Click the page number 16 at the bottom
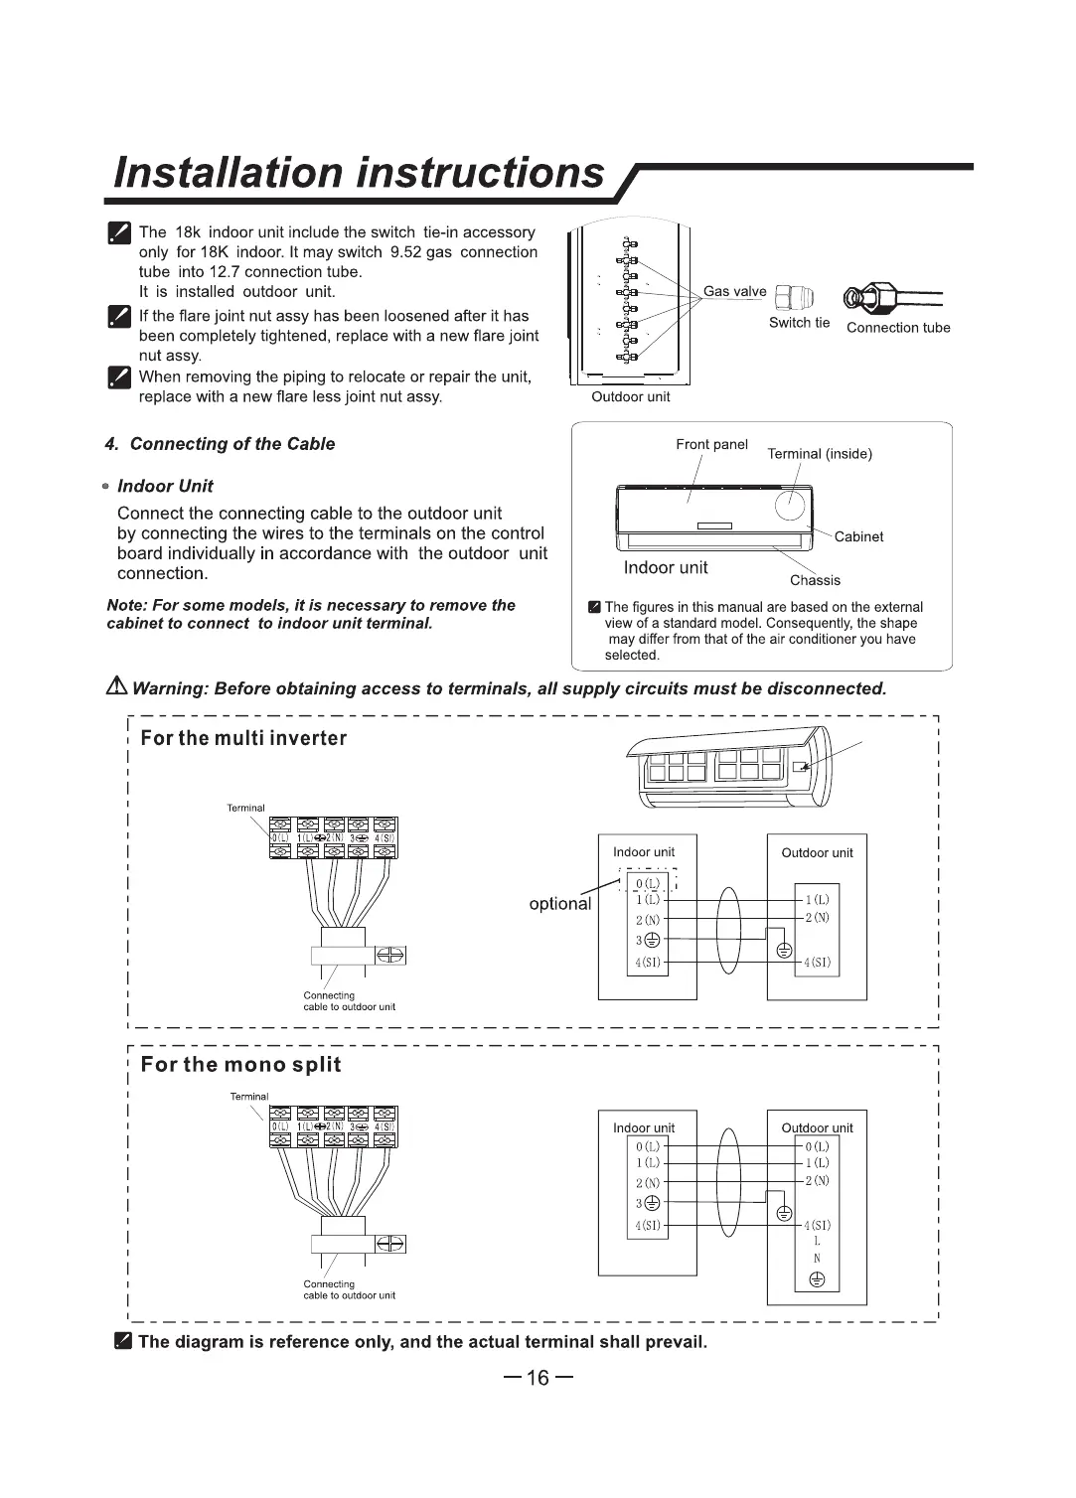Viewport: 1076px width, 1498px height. pyautogui.click(x=538, y=1378)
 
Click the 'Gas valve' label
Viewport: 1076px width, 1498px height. pyautogui.click(x=734, y=291)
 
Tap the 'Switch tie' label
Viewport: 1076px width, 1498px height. pyautogui.click(x=799, y=323)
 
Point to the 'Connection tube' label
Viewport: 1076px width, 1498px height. pyautogui.click(x=897, y=328)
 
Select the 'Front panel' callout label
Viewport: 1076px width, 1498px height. pyautogui.click(x=711, y=444)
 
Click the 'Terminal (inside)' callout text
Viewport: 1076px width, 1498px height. pyautogui.click(x=820, y=454)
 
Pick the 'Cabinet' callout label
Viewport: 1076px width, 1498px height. pyautogui.click(x=858, y=536)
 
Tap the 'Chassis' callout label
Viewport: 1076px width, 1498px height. pyautogui.click(x=815, y=580)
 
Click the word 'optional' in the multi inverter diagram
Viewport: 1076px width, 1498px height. pyautogui.click(x=559, y=904)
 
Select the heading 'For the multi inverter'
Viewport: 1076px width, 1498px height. pyautogui.click(x=243, y=738)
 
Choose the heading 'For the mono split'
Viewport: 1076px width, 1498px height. pyautogui.click(x=240, y=1065)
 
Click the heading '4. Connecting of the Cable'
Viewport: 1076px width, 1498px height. pyautogui.click(x=220, y=444)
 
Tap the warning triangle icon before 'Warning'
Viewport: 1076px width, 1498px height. pyautogui.click(x=117, y=687)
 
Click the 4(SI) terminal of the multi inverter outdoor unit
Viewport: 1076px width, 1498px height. pyautogui.click(x=817, y=963)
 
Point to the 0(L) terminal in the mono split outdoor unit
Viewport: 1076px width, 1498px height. pyautogui.click(x=817, y=1146)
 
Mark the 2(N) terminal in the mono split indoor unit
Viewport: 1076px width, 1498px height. pyautogui.click(x=648, y=1183)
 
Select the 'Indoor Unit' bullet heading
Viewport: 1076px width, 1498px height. pyautogui.click(x=165, y=486)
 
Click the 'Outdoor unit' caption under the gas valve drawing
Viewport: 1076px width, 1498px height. pyautogui.click(x=630, y=397)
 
